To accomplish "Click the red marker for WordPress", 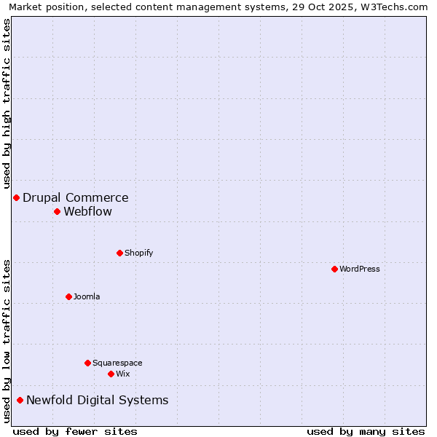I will pyautogui.click(x=334, y=269).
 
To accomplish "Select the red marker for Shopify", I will pyautogui.click(x=119, y=253).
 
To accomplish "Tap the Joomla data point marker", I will pyautogui.click(x=68, y=296).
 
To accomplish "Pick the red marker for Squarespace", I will pyautogui.click(x=87, y=363).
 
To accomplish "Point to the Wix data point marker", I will pyautogui.click(x=111, y=374).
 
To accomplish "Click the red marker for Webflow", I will pyautogui.click(x=57, y=211).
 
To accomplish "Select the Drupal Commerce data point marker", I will pyautogui.click(x=16, y=197).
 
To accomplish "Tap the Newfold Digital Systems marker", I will pyautogui.click(x=20, y=400).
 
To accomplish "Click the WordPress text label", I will pyautogui.click(x=360, y=269).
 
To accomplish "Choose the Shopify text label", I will pyautogui.click(x=139, y=253).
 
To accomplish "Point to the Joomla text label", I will pyautogui.click(x=87, y=296).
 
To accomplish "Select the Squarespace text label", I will pyautogui.click(x=117, y=363).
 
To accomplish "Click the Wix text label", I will pyautogui.click(x=123, y=374).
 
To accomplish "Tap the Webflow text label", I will pyautogui.click(x=88, y=212).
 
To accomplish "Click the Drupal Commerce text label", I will pyautogui.click(x=76, y=197).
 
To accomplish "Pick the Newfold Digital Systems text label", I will pyautogui.click(x=98, y=400).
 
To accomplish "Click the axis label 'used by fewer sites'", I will pyautogui.click(x=75, y=431).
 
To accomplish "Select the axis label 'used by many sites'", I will pyautogui.click(x=366, y=431).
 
